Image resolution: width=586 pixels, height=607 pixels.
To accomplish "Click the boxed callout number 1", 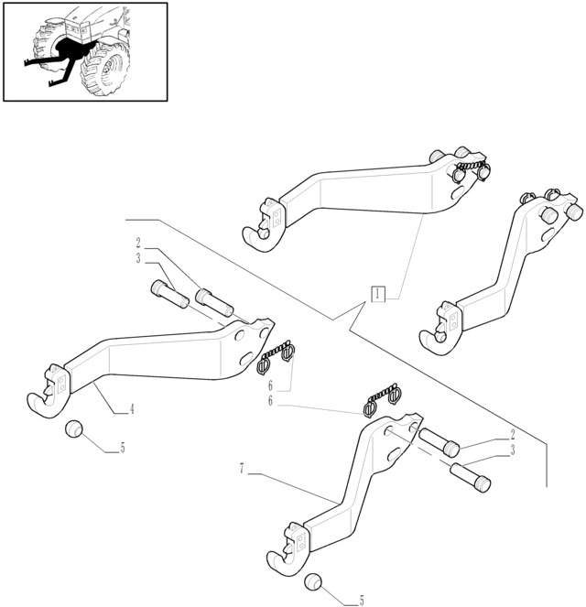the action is [x=378, y=294].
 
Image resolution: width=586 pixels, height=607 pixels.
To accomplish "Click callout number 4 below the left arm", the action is [x=132, y=409].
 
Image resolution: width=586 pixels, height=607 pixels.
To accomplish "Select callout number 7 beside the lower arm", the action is [x=242, y=469].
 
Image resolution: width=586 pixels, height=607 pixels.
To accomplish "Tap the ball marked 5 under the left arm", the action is [x=73, y=428].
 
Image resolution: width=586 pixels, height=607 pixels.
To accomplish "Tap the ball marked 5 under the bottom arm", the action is [x=313, y=582].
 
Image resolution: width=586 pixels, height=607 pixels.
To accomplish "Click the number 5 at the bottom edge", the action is [x=362, y=601].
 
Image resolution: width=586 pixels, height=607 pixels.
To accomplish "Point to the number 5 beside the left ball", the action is [x=123, y=448].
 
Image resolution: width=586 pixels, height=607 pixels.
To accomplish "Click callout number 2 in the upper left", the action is [x=138, y=244].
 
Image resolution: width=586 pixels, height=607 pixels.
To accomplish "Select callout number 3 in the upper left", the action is [x=138, y=258].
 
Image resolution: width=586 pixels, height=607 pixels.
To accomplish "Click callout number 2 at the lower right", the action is [x=513, y=435].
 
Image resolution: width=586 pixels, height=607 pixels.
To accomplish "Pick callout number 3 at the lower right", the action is [x=513, y=450].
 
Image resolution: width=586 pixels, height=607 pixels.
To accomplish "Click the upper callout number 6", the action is [x=270, y=385].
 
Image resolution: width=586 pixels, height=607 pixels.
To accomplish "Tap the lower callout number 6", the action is [x=270, y=401].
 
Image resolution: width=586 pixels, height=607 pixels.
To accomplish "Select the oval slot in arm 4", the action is [x=247, y=359].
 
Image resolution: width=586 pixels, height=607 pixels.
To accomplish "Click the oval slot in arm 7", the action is [x=395, y=454].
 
